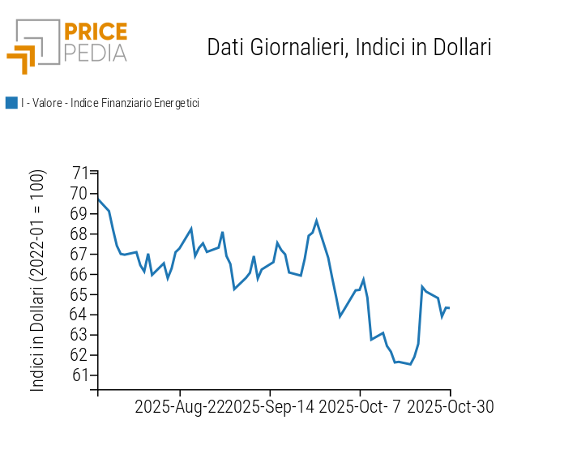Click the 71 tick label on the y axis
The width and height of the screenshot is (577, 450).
79,173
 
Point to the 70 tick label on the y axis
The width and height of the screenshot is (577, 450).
79,193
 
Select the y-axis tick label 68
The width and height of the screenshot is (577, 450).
79,234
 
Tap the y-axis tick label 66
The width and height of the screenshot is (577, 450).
79,274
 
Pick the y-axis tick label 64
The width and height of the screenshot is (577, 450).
79,315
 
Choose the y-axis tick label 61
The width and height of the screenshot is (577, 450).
79,375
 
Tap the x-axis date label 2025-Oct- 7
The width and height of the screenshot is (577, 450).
360,406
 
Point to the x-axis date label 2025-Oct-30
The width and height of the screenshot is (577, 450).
450,406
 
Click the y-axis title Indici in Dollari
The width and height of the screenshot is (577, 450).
38,281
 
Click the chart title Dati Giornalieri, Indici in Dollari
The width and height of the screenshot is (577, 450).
349,47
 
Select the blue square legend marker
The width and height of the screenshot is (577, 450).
11,103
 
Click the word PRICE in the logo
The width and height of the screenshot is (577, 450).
95,32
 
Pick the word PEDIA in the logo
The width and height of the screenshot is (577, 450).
95,54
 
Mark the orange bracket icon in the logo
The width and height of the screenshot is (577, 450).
23,59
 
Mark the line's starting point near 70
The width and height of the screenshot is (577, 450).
98,199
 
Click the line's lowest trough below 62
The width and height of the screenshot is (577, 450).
411,364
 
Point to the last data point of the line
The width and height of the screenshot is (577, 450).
449,308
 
